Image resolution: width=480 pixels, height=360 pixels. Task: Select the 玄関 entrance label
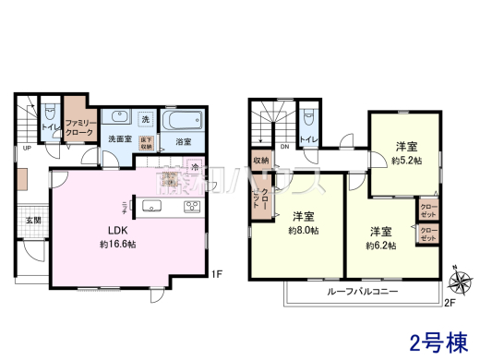click(31, 220)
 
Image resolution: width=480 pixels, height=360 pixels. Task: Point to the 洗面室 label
click(120, 139)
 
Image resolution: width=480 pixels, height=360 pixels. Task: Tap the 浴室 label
click(183, 142)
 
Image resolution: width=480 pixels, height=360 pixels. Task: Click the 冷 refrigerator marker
click(196, 167)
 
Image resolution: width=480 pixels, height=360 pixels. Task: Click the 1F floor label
click(215, 273)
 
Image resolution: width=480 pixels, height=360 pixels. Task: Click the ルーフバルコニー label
click(362, 291)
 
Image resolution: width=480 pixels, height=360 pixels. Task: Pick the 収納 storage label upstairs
click(259, 161)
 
